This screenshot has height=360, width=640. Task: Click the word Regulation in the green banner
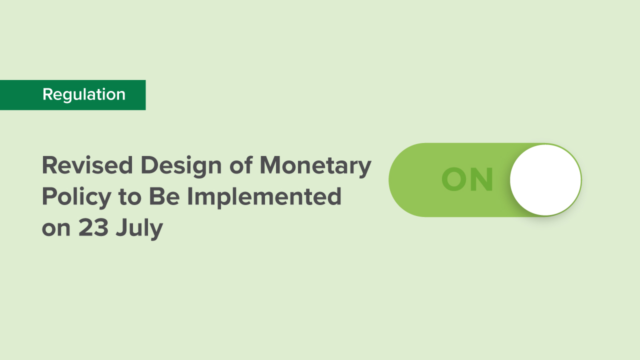pyautogui.click(x=84, y=94)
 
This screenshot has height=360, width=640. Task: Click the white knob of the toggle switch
pyautogui.click(x=545, y=180)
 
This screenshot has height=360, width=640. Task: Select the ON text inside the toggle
pyautogui.click(x=467, y=180)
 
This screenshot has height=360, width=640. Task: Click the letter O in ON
pyautogui.click(x=454, y=180)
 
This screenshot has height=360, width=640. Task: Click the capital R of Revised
pyautogui.click(x=49, y=165)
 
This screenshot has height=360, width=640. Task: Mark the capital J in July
pyautogui.click(x=120, y=228)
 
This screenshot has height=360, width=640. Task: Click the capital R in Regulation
pyautogui.click(x=47, y=94)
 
